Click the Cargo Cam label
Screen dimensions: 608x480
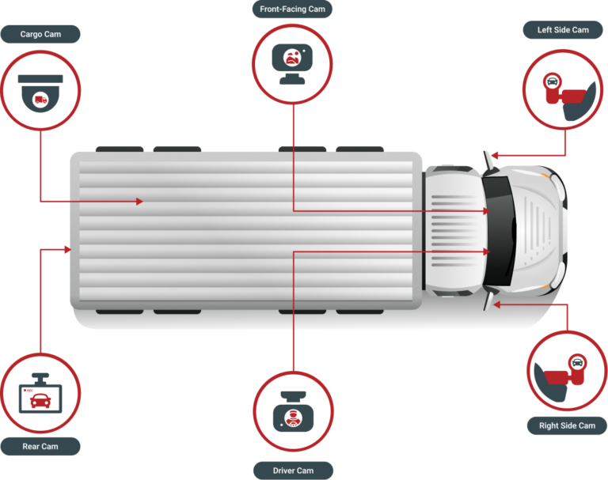[x=40, y=34]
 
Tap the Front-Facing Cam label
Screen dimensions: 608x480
[x=292, y=9]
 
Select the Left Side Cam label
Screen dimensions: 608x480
[x=563, y=30]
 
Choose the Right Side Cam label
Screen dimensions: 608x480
[x=567, y=425]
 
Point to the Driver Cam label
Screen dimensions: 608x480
[x=293, y=471]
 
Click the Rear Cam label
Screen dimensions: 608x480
[x=40, y=446]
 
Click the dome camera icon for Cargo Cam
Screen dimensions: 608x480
[x=40, y=93]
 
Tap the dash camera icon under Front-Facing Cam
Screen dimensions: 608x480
[x=292, y=64]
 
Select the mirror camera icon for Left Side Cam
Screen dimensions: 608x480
[x=568, y=96]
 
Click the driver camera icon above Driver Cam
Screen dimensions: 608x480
[x=293, y=411]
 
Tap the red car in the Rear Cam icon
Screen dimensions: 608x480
[x=40, y=401]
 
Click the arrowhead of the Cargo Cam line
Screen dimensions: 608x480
[x=139, y=202]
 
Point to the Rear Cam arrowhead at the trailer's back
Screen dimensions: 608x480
[x=68, y=250]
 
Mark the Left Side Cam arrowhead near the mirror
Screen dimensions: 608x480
[x=494, y=156]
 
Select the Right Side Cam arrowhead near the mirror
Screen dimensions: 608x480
[x=496, y=305]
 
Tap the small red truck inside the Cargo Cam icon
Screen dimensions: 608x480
[x=40, y=100]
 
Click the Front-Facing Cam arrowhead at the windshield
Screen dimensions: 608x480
[x=487, y=211]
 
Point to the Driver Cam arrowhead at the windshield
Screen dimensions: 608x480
[x=487, y=251]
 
